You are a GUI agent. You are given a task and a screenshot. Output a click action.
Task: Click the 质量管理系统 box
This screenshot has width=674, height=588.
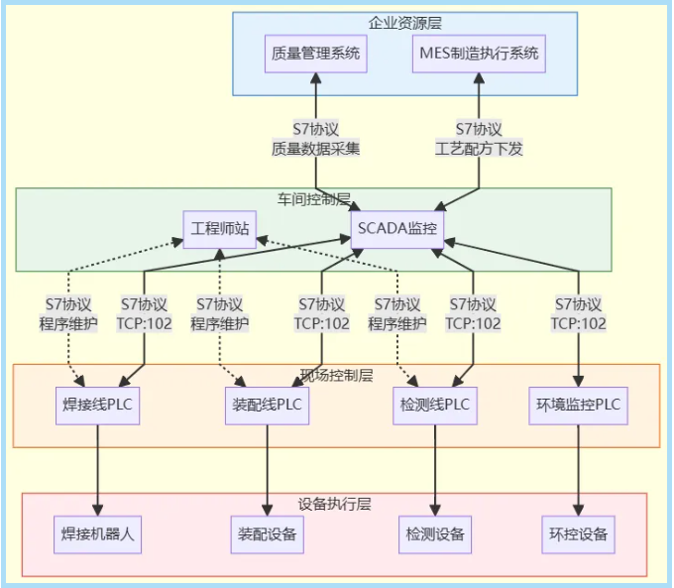tap(316, 54)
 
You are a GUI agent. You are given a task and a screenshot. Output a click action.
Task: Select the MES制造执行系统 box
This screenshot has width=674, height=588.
tap(480, 54)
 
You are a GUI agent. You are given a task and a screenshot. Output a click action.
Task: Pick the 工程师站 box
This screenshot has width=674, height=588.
tap(220, 229)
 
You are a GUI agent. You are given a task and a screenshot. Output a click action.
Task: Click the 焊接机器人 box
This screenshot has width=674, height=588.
tap(98, 534)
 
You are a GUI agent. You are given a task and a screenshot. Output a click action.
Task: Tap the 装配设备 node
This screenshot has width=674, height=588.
tap(266, 534)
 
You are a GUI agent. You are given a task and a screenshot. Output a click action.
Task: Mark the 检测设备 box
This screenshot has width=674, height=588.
tap(435, 534)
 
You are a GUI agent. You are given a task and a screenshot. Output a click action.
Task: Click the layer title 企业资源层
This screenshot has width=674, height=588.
tap(404, 21)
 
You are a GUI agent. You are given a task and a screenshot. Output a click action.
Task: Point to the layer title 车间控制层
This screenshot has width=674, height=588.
tap(313, 198)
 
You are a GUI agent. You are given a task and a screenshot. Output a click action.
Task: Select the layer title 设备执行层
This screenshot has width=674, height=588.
tap(334, 504)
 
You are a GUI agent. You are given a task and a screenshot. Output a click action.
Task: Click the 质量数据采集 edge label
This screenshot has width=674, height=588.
tap(315, 150)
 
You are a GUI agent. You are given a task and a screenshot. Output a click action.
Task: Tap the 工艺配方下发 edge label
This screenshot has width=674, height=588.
tap(480, 150)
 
